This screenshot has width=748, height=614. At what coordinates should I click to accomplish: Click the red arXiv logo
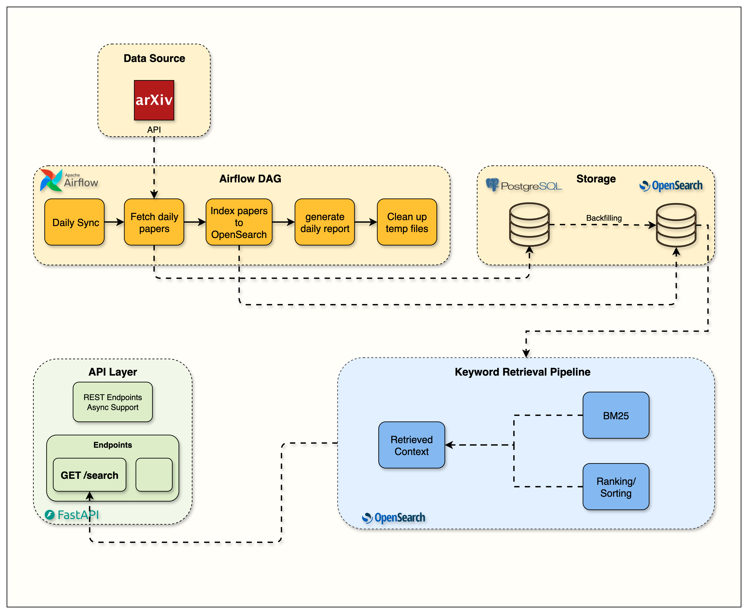click(154, 100)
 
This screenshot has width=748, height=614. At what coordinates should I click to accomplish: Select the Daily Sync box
click(75, 222)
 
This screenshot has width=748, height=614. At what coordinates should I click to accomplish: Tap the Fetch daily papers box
click(154, 222)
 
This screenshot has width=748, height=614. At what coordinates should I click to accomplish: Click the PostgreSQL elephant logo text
click(524, 185)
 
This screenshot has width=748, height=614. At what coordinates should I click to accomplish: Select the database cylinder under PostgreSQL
click(529, 224)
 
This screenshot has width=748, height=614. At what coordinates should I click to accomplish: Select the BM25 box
click(616, 415)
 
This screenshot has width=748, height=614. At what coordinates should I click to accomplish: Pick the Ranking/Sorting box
click(616, 487)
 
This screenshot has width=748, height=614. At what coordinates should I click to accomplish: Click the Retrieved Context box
click(411, 445)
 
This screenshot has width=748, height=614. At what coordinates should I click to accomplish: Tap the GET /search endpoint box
click(90, 475)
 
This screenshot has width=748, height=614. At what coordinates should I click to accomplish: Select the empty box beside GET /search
click(154, 475)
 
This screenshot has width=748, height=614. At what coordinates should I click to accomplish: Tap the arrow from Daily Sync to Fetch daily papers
click(114, 222)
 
